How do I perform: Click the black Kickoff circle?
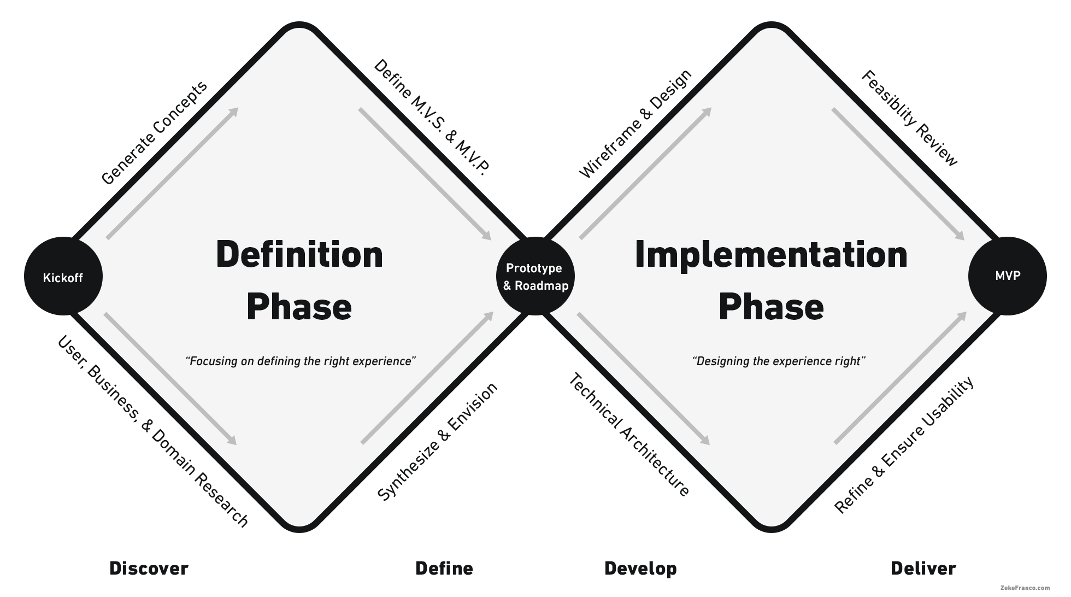[x=63, y=277]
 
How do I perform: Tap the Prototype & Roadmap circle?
[x=535, y=277]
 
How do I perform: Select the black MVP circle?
[x=1007, y=276]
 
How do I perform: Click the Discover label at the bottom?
[x=149, y=569]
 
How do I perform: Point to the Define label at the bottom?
[x=444, y=569]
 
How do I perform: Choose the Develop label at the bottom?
[x=640, y=569]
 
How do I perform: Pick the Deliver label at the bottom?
[x=923, y=569]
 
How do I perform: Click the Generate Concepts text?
[x=155, y=133]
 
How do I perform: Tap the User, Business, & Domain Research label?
[x=153, y=431]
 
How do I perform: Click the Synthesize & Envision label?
[x=438, y=441]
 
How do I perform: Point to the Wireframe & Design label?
[x=635, y=124]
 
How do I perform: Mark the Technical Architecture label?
[x=629, y=435]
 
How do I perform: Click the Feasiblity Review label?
[x=909, y=118]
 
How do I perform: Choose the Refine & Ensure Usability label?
[x=904, y=444]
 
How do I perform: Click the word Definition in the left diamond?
[x=299, y=255]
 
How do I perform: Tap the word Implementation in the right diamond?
[x=771, y=255]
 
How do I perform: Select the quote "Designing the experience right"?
[x=779, y=361]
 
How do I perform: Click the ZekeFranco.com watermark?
[x=1025, y=588]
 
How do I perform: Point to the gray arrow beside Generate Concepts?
[x=173, y=173]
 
